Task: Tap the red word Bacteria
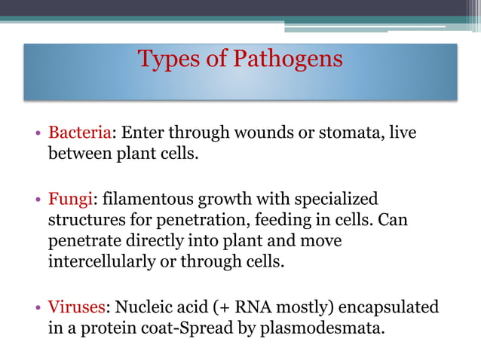click(x=80, y=133)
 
